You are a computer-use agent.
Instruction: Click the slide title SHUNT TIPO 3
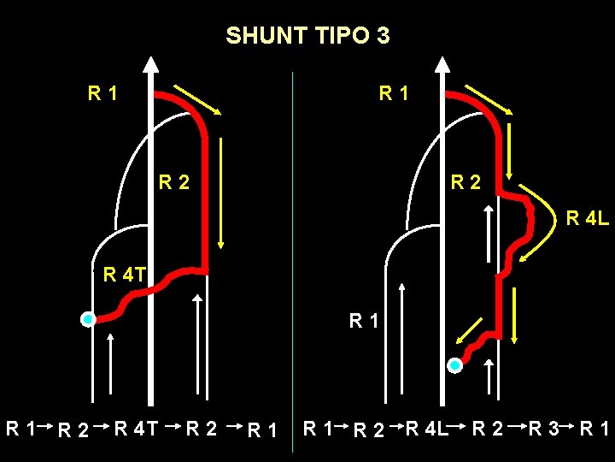pos(307,36)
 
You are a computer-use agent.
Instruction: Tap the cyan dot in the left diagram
pos(87,320)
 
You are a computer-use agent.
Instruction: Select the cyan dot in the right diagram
pos(455,365)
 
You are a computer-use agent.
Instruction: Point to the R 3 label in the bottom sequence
pos(544,426)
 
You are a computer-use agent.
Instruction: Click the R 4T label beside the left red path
pos(123,275)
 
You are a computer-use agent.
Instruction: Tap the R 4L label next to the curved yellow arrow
pos(588,219)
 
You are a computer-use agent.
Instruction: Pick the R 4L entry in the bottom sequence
pos(426,426)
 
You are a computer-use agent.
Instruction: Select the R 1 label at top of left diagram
pos(102,92)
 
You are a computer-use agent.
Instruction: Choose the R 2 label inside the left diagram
pos(173,181)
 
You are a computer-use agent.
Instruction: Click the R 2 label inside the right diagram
pos(466,181)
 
